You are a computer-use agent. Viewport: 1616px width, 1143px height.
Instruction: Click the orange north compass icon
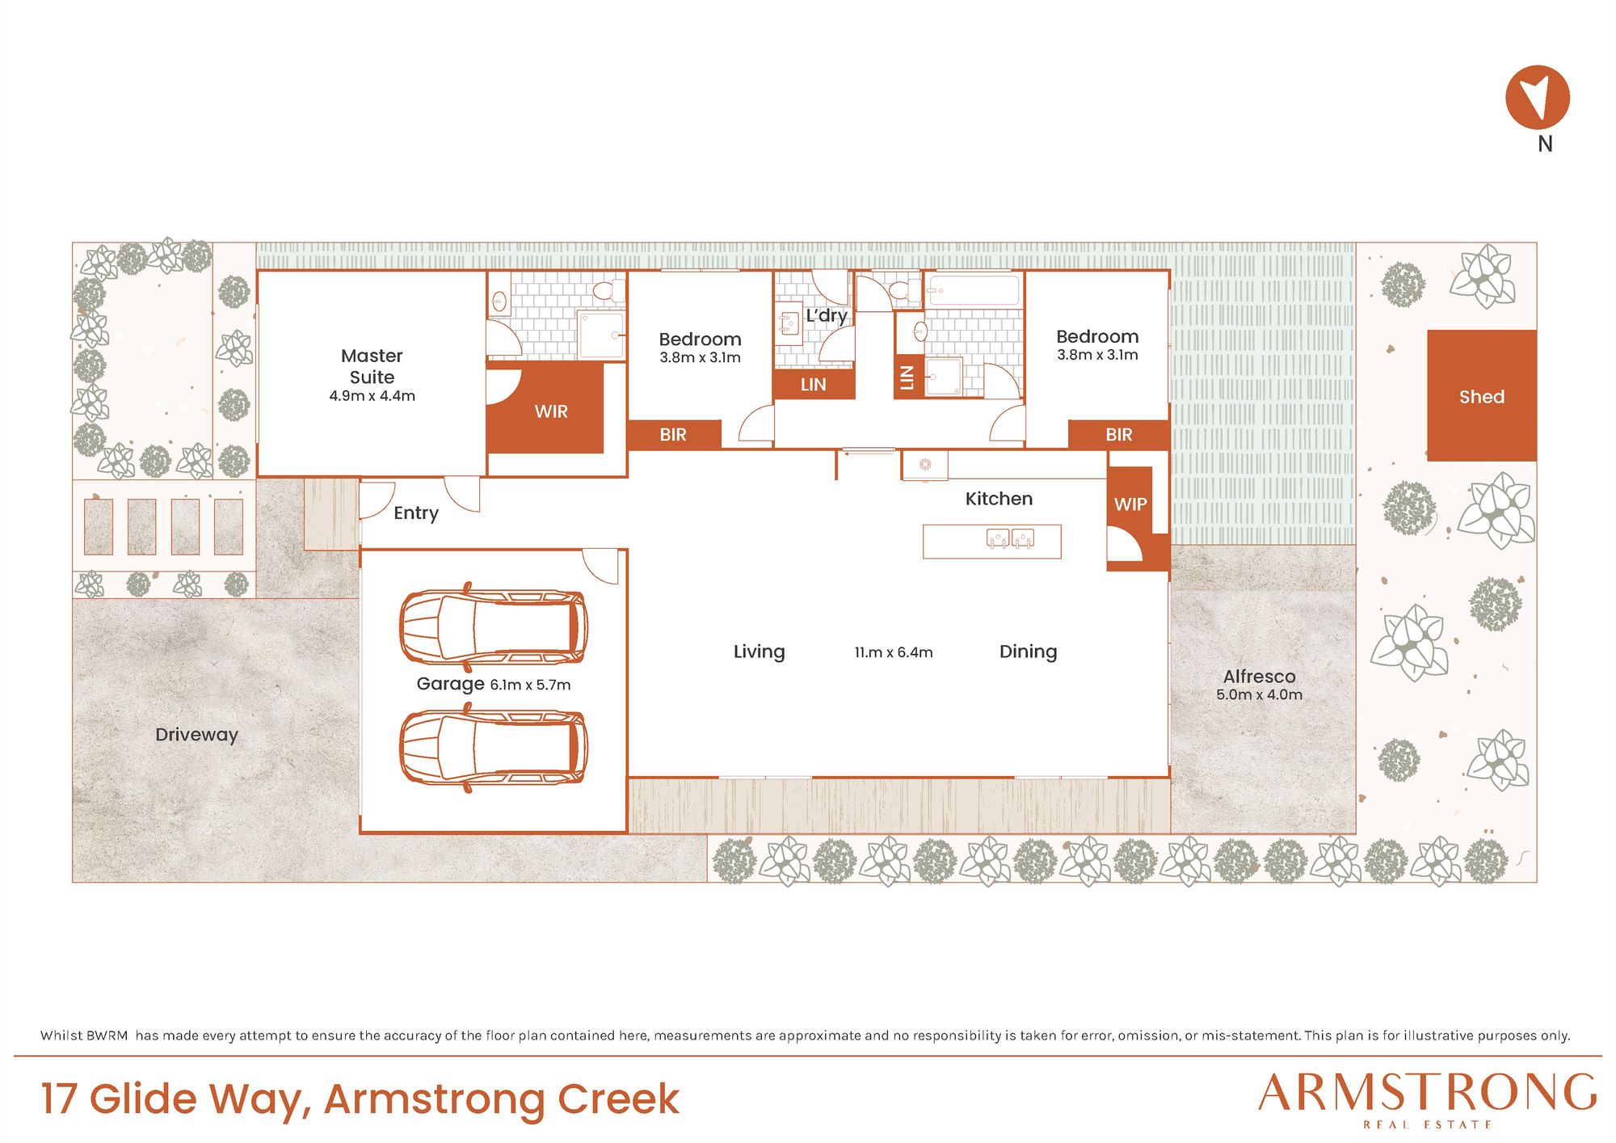1537,97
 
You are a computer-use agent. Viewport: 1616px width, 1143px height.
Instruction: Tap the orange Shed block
1481,395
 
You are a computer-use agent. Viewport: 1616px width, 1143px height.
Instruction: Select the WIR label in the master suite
551,411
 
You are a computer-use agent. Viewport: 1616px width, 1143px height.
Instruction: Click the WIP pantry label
1130,504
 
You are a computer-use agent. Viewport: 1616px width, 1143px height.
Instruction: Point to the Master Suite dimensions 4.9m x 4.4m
372,396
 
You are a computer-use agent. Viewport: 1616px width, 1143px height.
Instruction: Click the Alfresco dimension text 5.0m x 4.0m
1259,694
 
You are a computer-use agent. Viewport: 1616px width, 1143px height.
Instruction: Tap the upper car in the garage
493,627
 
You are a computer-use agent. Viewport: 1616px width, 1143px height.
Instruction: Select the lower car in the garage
493,748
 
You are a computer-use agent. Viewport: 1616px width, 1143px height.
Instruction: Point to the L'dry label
826,315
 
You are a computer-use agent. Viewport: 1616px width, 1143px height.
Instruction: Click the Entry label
416,513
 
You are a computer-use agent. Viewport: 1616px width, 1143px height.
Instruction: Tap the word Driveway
196,735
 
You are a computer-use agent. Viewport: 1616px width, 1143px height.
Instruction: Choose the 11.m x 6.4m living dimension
894,652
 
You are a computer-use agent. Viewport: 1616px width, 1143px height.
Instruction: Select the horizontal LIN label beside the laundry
813,385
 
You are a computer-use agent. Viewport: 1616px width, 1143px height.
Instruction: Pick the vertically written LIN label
907,377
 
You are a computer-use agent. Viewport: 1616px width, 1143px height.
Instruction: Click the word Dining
1028,652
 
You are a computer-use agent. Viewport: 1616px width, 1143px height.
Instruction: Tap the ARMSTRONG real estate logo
1428,1099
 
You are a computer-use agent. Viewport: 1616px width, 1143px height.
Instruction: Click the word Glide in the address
143,1099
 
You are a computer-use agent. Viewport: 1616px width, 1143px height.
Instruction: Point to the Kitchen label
999,499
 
